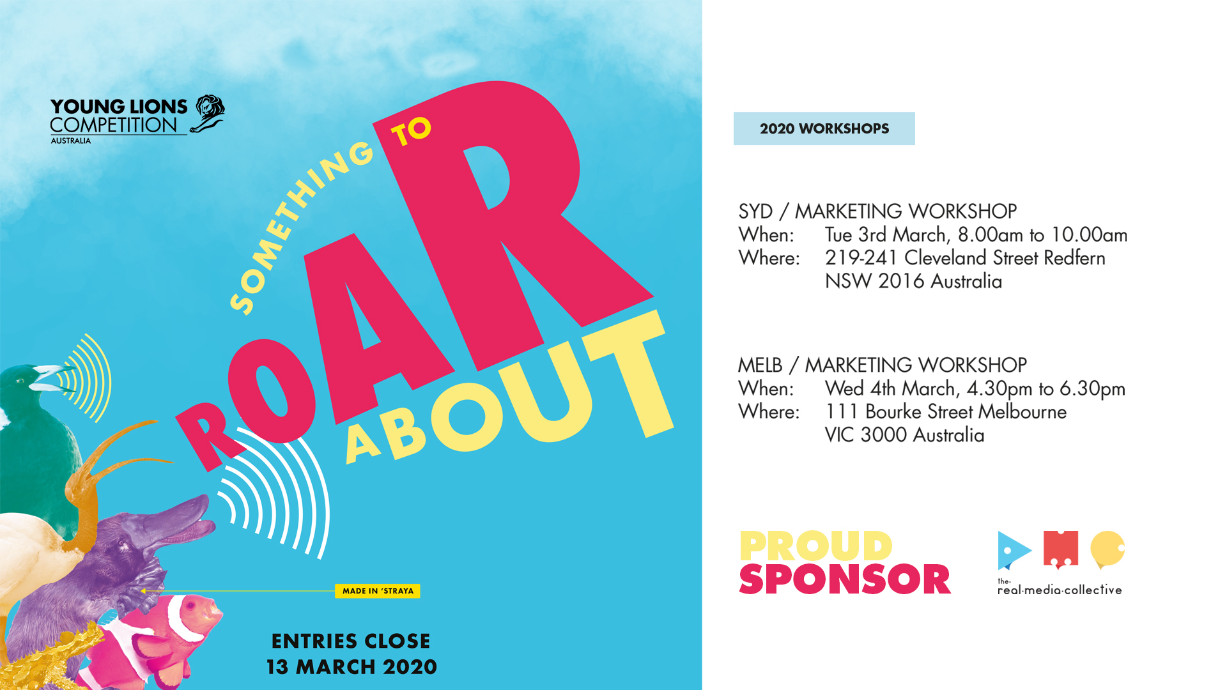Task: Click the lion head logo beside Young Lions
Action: click(208, 114)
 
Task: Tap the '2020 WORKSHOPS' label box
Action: click(824, 128)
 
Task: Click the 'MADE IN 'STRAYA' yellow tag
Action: click(377, 591)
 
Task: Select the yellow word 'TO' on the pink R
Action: click(412, 132)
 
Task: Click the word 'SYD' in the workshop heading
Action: click(755, 211)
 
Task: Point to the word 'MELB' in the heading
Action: click(760, 365)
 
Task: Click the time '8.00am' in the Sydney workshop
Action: click(991, 235)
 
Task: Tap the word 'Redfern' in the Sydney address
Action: click(1074, 258)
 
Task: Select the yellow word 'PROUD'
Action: click(815, 546)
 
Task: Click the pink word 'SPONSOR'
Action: click(845, 579)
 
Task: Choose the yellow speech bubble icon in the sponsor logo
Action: click(1107, 549)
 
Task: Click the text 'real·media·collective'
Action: click(1060, 590)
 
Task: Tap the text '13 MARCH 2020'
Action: click(351, 667)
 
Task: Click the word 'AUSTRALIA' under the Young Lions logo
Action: click(71, 141)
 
